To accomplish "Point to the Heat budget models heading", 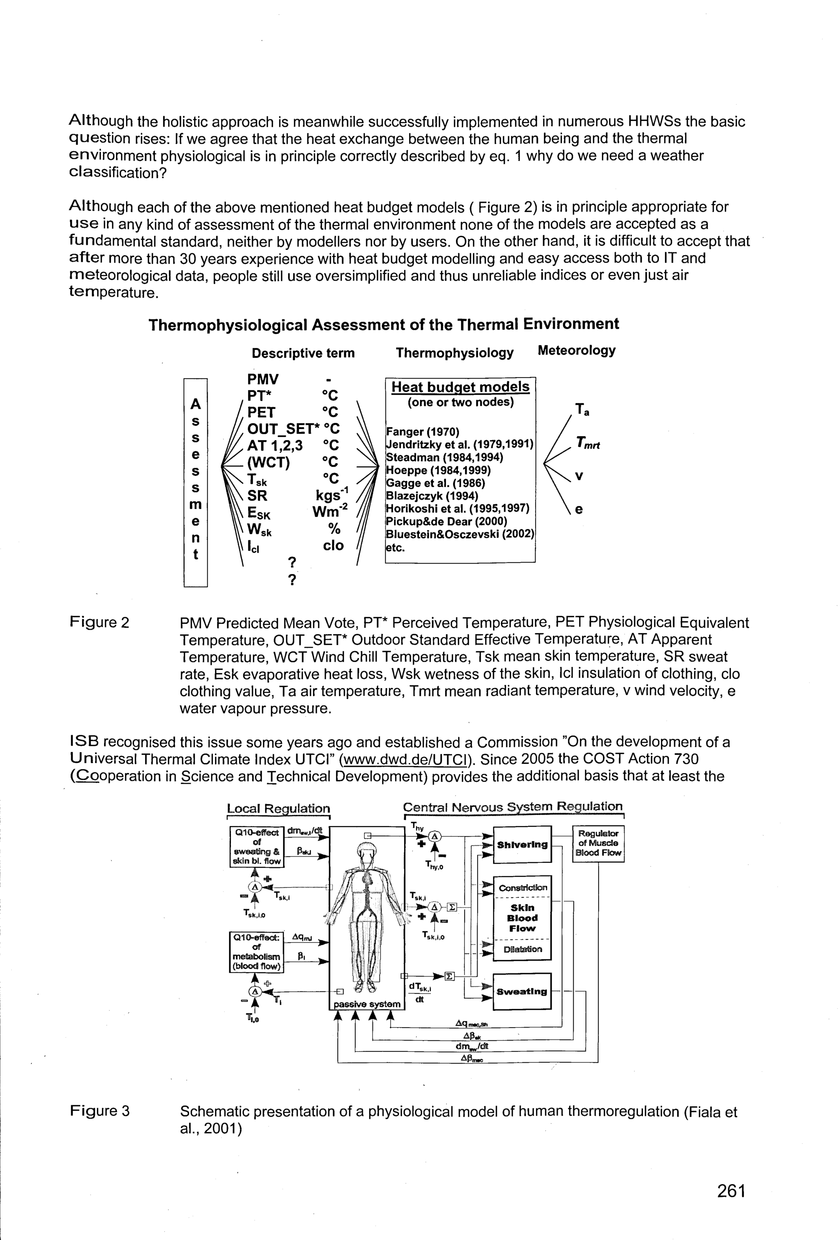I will pos(460,387).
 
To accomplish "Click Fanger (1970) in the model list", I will pos(423,431).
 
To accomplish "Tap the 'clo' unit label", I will pos(333,545).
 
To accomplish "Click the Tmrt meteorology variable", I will pos(588,443).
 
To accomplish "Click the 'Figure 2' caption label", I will pos(100,622).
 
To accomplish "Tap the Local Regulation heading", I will pos(278,808).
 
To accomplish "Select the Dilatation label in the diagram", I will pos(522,949).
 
